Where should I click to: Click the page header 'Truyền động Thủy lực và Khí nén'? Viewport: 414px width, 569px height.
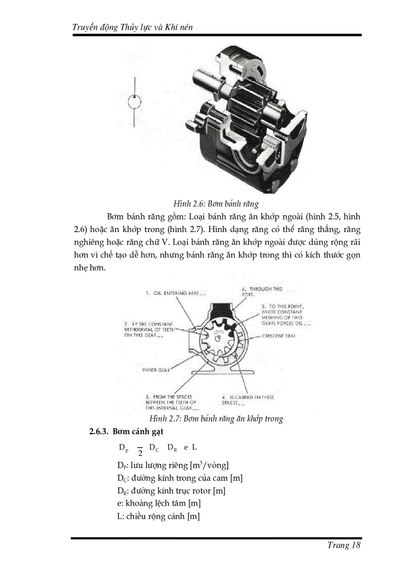point(133,26)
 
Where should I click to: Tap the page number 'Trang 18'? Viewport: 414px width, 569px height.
point(344,545)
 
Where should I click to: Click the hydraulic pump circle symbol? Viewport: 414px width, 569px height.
point(134,101)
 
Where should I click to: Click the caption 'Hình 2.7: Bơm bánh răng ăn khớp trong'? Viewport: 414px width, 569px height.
point(216,419)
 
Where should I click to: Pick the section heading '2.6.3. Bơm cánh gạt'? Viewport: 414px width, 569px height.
point(126,432)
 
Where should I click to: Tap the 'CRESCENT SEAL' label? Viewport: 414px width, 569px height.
point(279,336)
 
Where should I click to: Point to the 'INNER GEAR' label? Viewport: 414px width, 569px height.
point(156,370)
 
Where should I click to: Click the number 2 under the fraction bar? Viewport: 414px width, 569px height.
point(140,452)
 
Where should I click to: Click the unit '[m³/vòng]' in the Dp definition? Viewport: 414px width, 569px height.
point(209,465)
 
